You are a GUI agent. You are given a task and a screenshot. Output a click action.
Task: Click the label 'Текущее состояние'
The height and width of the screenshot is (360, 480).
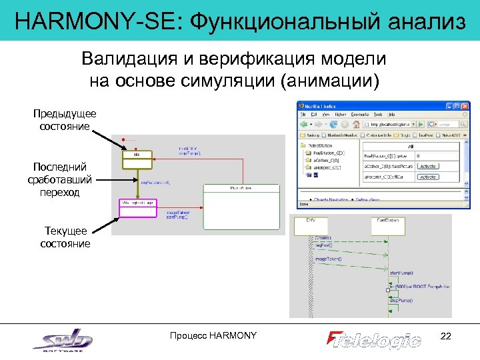point(65,237)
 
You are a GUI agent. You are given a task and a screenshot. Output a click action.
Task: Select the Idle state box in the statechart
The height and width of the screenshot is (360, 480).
point(137,157)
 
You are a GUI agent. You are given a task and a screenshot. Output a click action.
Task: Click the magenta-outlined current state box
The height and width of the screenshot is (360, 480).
point(137,208)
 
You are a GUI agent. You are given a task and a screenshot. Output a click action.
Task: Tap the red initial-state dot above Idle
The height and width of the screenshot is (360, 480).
point(124,141)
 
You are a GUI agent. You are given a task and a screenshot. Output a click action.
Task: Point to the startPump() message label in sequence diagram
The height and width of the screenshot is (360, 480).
point(401,273)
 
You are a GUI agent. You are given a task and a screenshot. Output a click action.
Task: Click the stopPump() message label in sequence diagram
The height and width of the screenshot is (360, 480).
point(402,300)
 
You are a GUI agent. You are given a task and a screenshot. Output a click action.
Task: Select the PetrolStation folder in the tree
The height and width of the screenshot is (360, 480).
point(321,145)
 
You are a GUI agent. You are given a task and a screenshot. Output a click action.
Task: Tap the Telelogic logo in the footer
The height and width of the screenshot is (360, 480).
point(374,339)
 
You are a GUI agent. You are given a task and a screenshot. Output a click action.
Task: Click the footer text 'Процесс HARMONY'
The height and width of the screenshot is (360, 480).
point(213,335)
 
